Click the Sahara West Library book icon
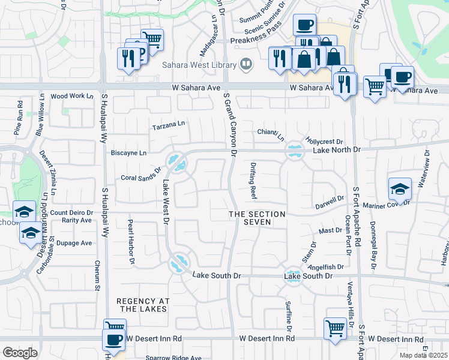pyautogui.click(x=246, y=64)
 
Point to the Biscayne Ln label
pyautogui.click(x=128, y=153)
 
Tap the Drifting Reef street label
pyautogui.click(x=253, y=185)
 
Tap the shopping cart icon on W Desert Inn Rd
pyautogui.click(x=335, y=328)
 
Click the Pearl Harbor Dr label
pyautogui.click(x=130, y=241)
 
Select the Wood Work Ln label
pyautogui.click(x=72, y=96)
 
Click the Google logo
pyautogui.click(x=20, y=353)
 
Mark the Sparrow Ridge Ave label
pyautogui.click(x=173, y=358)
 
